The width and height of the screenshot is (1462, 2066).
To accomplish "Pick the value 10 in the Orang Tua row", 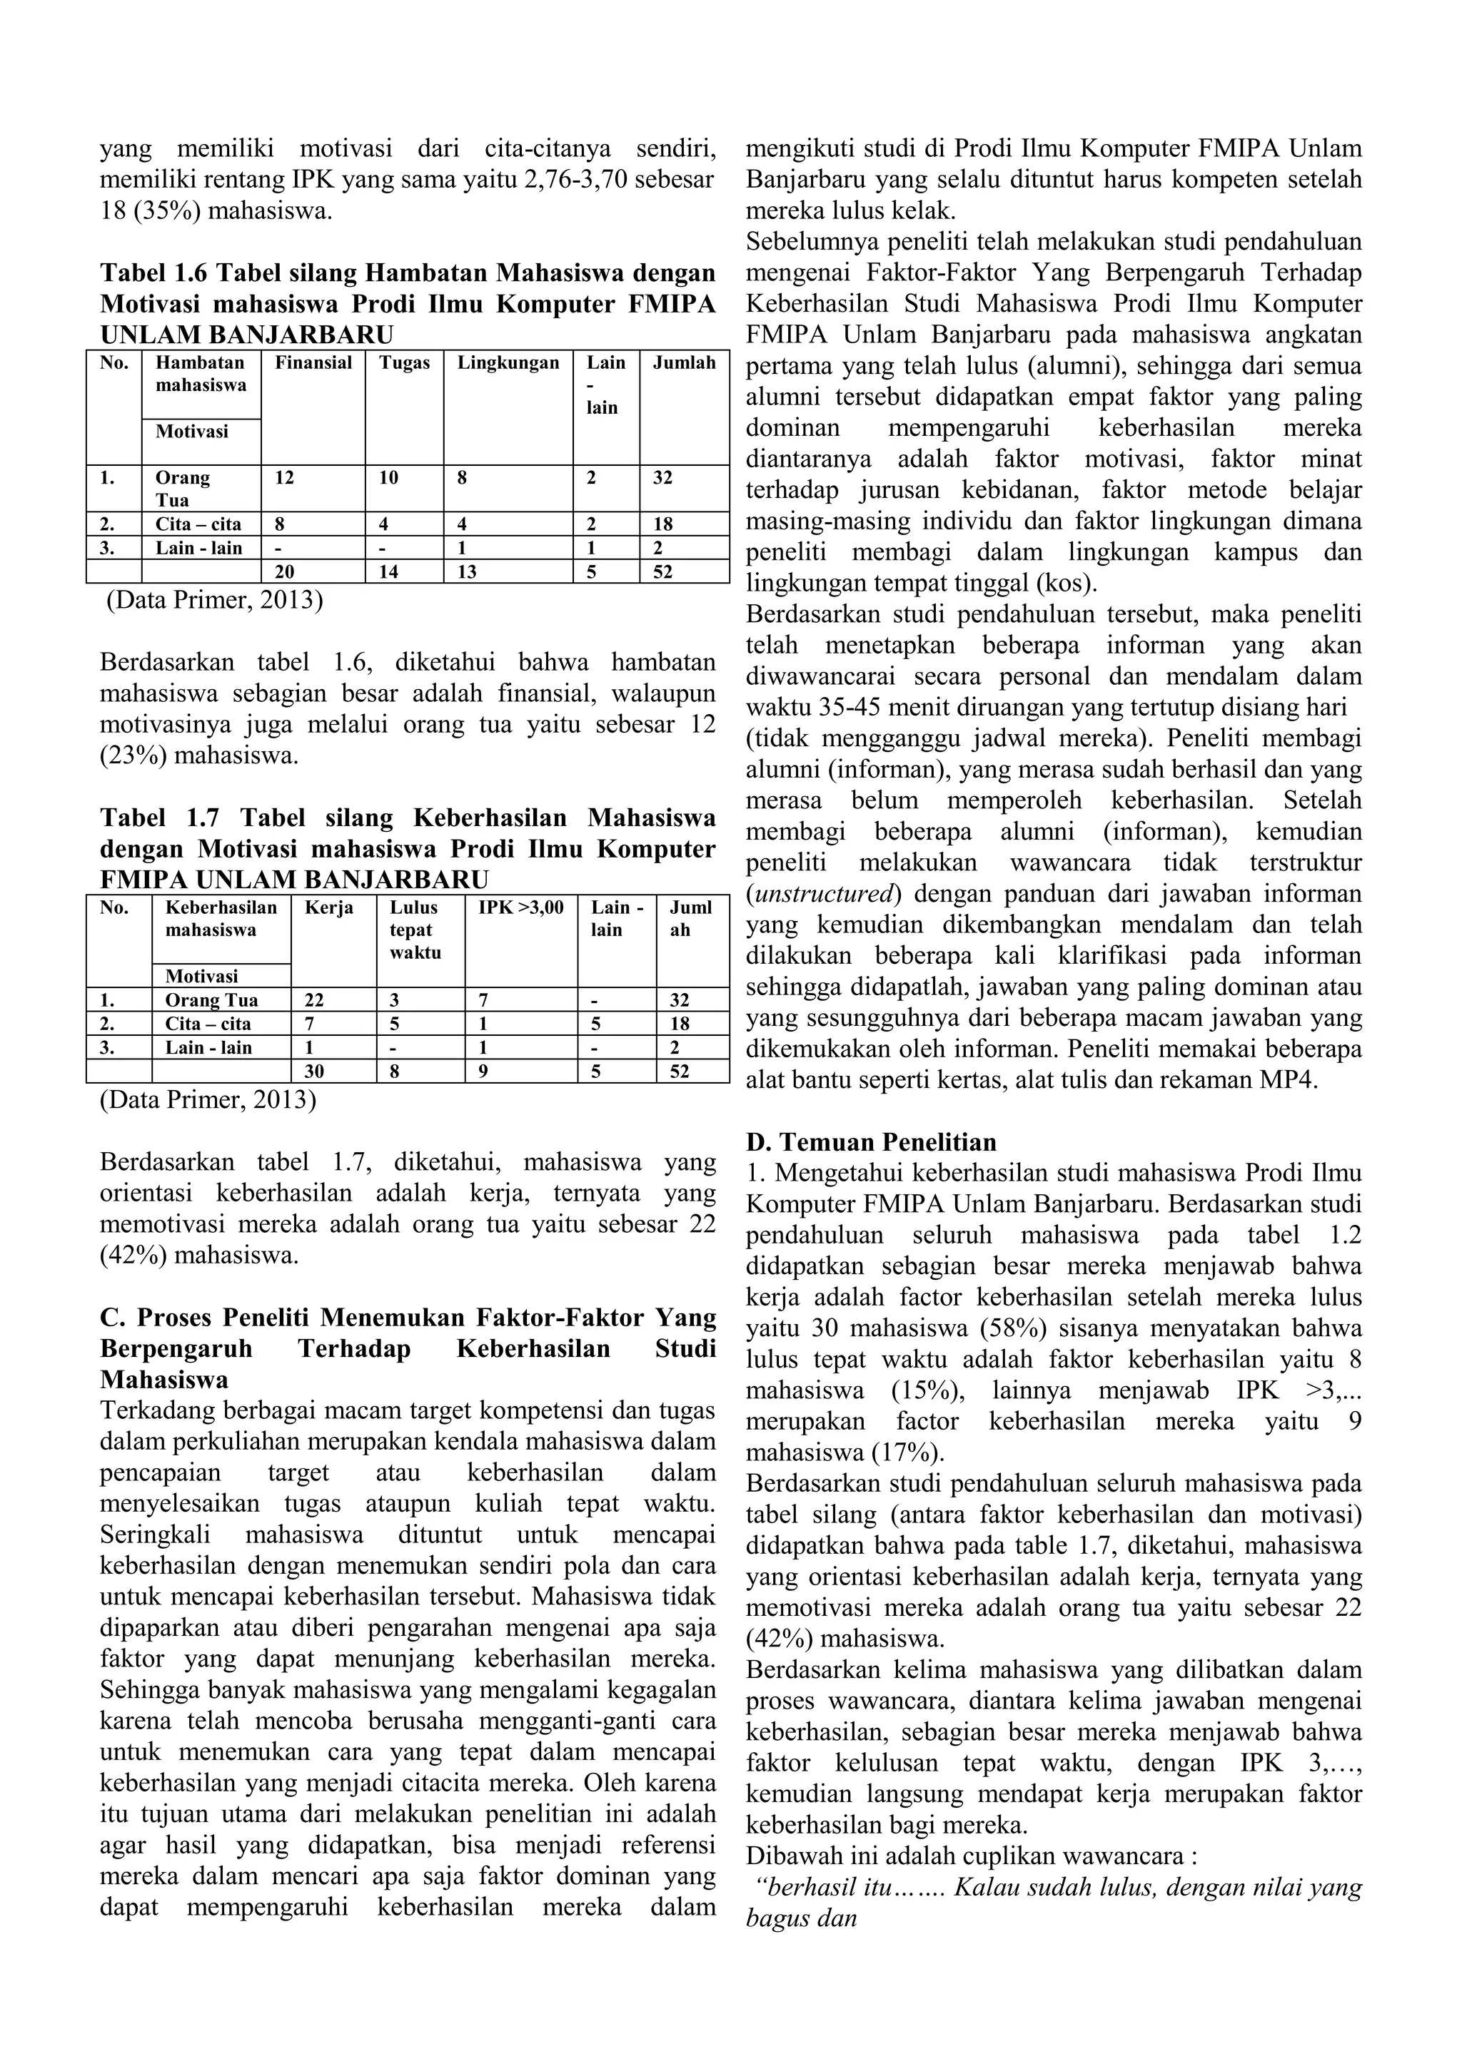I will pos(388,479).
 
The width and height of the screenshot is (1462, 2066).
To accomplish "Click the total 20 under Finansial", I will pos(285,572).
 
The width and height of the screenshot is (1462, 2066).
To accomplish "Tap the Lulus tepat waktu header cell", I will pos(415,930).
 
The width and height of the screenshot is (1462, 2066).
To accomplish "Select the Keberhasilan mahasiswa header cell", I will pos(221,919).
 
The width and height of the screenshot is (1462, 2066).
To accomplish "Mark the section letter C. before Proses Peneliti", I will pos(111,1318).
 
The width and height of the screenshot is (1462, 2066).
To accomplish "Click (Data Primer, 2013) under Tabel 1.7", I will pos(208,1099).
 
